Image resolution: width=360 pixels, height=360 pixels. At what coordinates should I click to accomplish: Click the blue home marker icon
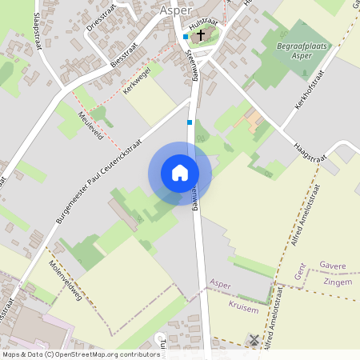pos(180,173)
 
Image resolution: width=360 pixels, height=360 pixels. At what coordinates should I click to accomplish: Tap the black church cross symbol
pos(200,35)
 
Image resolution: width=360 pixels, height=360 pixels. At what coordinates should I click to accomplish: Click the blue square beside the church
pos(186,37)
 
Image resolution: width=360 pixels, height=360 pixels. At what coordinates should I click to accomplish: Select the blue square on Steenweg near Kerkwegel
pos(190,122)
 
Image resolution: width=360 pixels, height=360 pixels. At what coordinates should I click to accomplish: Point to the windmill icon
pos(254,340)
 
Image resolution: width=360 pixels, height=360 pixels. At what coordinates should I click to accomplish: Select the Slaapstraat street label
pos(38,32)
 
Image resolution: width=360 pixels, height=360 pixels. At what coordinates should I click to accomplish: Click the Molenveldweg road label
pos(67,277)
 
